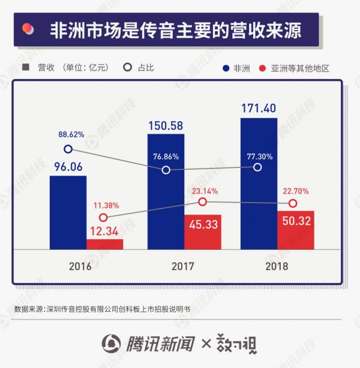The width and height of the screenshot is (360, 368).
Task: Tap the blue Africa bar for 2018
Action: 259,183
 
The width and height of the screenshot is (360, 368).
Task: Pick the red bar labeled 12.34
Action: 104,245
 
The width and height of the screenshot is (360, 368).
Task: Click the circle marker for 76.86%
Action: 166,170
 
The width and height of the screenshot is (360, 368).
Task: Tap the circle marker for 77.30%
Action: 258,167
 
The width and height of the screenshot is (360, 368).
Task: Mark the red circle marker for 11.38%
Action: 103,218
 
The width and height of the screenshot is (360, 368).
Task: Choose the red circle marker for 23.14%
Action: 202,202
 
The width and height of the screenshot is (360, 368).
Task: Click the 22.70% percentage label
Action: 296,192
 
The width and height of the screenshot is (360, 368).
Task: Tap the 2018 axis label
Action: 276,266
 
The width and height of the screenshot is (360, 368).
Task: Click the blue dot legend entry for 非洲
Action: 226,68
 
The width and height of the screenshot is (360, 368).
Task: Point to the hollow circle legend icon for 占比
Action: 127,68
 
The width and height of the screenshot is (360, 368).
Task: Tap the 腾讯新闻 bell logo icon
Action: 111,344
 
